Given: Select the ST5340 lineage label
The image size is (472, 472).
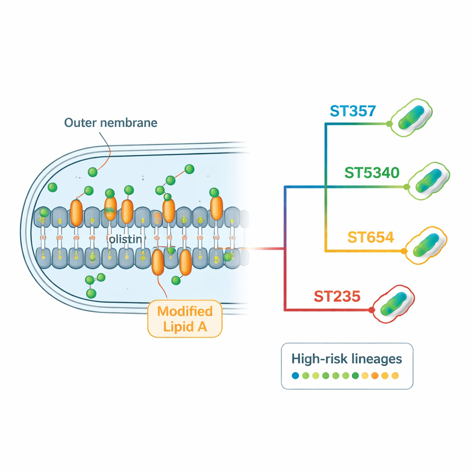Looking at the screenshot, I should pos(372,173).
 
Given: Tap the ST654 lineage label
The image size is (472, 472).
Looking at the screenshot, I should pos(371,237).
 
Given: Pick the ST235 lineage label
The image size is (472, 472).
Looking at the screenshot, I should pos(336,296).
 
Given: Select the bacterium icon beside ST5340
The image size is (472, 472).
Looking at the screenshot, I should pos(429,181).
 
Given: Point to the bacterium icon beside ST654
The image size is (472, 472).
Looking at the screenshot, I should pos(426,244).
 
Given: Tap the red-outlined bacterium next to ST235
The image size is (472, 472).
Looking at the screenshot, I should pos(394,304).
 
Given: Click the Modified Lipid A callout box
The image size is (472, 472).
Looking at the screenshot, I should pos(185,318).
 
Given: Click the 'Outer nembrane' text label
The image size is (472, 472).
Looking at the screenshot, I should pos(111,123).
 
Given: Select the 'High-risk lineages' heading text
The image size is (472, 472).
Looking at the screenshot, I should pos(347,359).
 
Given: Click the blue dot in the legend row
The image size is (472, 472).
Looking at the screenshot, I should pos(295,376).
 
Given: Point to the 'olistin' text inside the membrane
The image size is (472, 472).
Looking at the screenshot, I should pos(127,239).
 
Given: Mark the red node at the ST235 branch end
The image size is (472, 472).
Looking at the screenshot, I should pos(372,310).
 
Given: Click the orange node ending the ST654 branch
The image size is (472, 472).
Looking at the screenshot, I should pos(404,251).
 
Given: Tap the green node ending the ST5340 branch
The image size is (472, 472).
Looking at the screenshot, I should pos(407,187).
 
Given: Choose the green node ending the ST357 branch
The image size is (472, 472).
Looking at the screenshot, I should pos(389,124).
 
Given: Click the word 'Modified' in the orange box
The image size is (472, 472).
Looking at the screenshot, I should pos(185,311).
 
